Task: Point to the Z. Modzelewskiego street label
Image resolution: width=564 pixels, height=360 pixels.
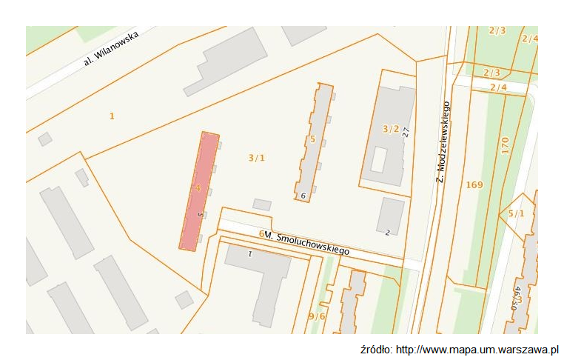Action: pyautogui.click(x=442, y=141)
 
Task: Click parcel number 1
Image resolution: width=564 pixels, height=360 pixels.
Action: pyautogui.click(x=112, y=116)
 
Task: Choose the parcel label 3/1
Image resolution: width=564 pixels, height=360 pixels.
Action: pyautogui.click(x=256, y=157)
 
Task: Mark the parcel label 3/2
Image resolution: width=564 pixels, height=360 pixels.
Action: pyautogui.click(x=390, y=129)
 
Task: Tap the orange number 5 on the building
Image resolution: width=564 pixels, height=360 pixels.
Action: pyautogui.click(x=313, y=139)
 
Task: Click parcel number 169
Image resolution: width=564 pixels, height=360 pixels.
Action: pyautogui.click(x=474, y=184)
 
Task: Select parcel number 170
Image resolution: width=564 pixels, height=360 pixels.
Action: pyautogui.click(x=504, y=145)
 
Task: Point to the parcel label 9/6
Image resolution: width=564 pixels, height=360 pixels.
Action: pyautogui.click(x=317, y=316)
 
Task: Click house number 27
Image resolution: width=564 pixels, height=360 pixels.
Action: pyautogui.click(x=406, y=132)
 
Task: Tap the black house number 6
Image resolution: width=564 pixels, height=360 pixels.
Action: pyautogui.click(x=303, y=196)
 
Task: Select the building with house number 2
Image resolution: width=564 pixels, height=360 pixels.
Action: pyautogui.click(x=390, y=216)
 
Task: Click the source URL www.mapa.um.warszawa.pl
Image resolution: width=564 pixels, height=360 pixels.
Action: pyautogui.click(x=477, y=350)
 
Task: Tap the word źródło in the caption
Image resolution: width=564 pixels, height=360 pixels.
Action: pyautogui.click(x=376, y=350)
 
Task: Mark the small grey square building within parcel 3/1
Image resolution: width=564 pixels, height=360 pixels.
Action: pyautogui.click(x=262, y=204)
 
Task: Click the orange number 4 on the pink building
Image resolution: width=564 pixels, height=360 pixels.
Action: pyautogui.click(x=198, y=188)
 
